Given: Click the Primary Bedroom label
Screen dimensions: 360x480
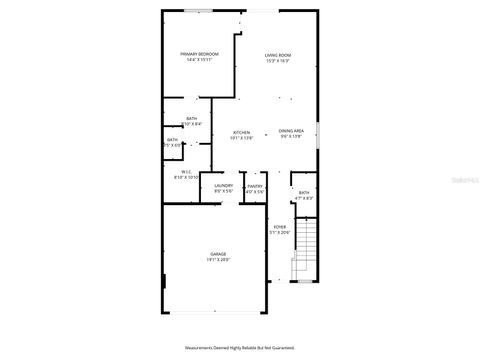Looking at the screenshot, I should coord(199,53).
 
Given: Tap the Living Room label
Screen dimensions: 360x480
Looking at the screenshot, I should coord(278,54).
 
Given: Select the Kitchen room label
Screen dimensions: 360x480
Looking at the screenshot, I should coord(241,132).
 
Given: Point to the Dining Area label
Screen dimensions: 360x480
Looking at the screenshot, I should coord(291,132).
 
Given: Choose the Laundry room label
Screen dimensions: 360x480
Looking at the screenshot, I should coord(223,185).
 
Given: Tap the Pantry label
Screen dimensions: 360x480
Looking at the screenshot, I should coord(255,185).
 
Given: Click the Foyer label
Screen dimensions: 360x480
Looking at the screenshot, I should coord(280,227).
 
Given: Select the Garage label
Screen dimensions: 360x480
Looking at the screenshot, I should coord(217,254).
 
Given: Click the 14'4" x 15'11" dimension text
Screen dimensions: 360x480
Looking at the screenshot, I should coord(199,60).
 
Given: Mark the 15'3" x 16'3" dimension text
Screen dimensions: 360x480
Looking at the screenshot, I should coord(278,61).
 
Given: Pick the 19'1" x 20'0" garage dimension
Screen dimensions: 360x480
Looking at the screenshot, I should coord(217,260).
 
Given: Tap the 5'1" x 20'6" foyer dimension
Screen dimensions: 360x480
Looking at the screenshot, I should coord(280,233).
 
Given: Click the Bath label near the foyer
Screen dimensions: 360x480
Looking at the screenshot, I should coord(304,192).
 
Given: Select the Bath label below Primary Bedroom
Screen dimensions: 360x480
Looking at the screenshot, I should coord(190,118).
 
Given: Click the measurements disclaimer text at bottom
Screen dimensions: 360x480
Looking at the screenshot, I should coord(240,347).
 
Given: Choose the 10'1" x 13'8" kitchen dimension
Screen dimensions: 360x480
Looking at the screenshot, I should coord(241,138).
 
